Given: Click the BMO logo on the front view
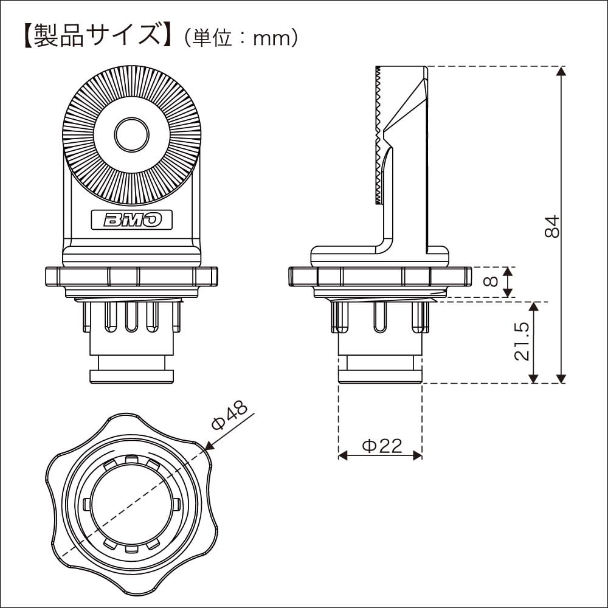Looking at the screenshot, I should tap(132, 219).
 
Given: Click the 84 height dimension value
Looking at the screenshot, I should tap(551, 226).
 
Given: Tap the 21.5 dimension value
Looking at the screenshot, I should tap(522, 342).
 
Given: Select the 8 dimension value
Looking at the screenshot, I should tap(492, 282).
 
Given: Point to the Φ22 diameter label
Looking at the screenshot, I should tap(382, 446).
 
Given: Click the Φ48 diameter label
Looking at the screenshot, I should tap(229, 415).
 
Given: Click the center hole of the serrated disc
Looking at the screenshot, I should tap(132, 134).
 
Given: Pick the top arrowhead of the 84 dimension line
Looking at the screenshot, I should tap(561, 71).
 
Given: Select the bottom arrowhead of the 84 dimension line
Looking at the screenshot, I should tap(561, 378).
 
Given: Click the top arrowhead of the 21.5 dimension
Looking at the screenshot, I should tap(534, 306).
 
